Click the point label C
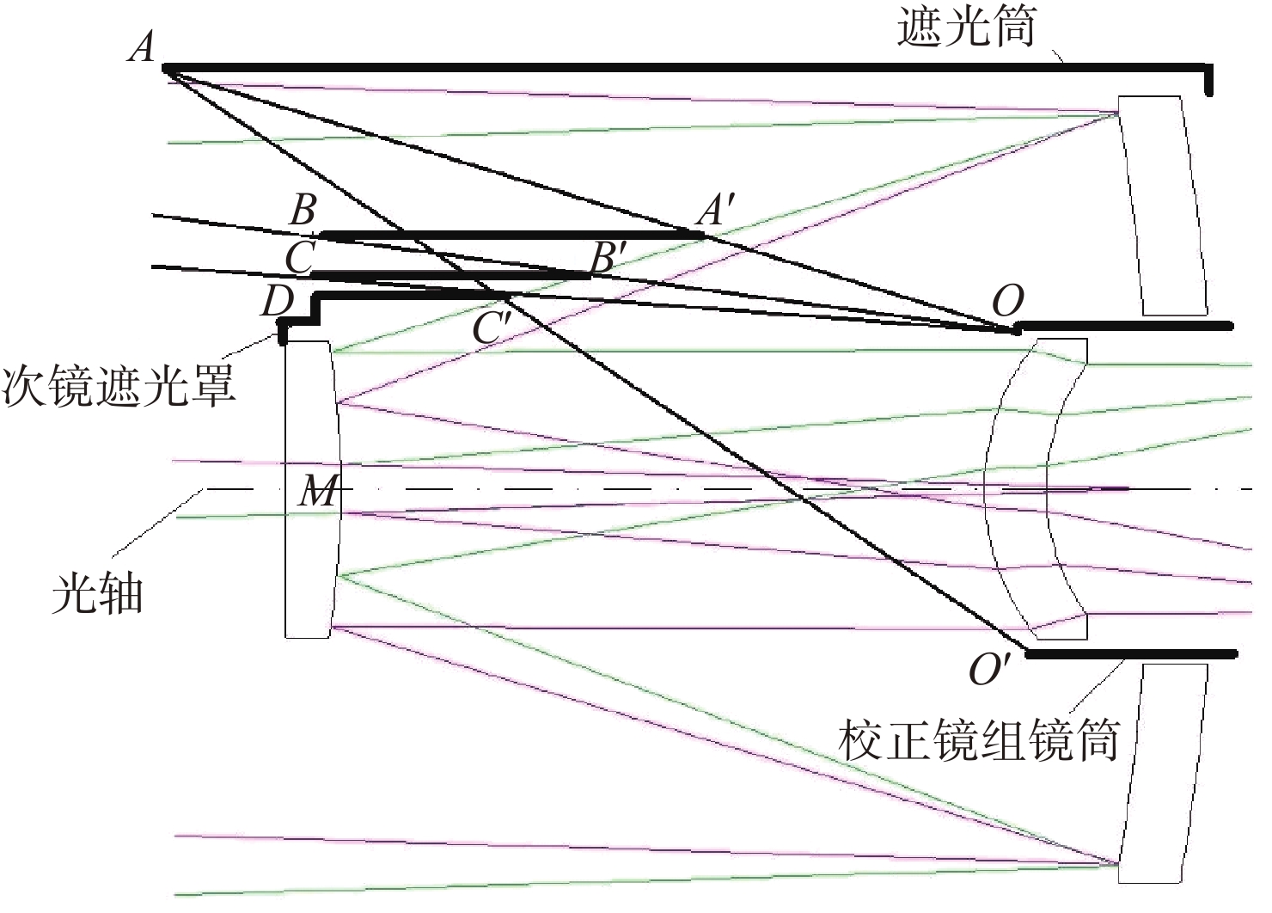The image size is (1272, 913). [x=299, y=258]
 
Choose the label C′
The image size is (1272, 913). [x=492, y=326]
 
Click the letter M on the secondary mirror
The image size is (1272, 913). [x=318, y=492]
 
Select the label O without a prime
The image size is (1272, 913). [x=1007, y=302]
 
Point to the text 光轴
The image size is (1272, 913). [x=97, y=593]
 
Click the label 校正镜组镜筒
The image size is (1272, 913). [x=980, y=740]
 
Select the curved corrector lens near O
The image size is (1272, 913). [x=1031, y=490]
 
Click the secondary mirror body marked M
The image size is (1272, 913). [x=309, y=559]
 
